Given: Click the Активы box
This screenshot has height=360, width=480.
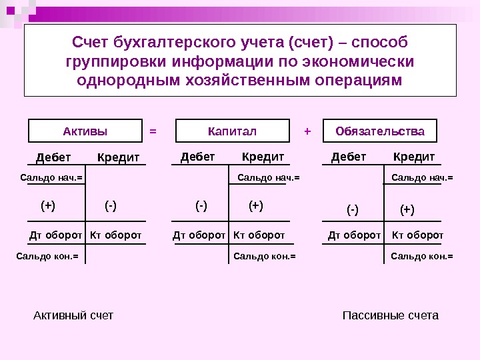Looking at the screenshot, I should click(85, 131).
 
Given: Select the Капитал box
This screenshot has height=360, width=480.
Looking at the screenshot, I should click(232, 131).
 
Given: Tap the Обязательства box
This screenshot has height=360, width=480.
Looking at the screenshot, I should click(379, 131).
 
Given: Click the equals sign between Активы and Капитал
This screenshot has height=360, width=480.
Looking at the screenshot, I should click(153, 131).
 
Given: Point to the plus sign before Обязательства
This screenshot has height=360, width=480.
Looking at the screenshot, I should click(307, 131).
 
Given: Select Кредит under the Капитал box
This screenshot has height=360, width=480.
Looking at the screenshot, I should click(263, 157).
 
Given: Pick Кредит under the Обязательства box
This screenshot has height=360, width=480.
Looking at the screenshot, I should click(414, 157).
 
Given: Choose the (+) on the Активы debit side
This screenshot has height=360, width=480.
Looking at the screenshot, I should click(48, 206).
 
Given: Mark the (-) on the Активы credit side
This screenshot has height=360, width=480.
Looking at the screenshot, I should click(111, 206).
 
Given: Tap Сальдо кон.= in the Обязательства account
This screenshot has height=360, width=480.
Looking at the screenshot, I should click(421, 255).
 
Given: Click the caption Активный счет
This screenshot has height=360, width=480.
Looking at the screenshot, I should click(73, 315).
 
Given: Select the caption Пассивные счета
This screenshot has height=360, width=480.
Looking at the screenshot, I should click(390, 315).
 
